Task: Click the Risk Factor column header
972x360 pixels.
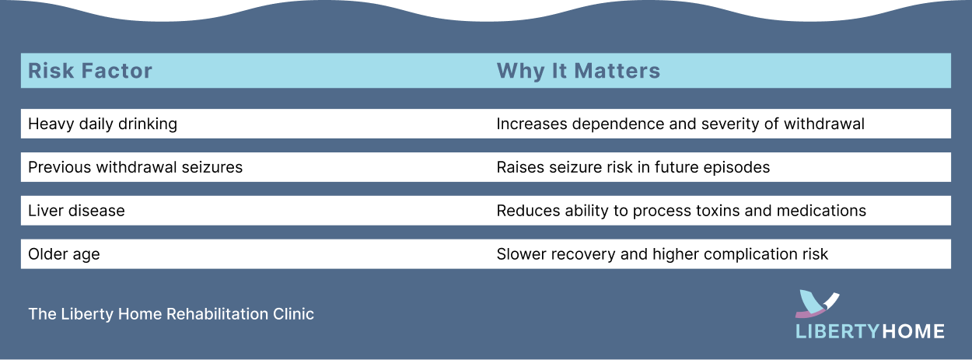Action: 90,71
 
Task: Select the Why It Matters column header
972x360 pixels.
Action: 578,71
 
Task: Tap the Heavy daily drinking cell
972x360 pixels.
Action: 103,124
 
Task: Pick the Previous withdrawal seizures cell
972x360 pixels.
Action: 135,167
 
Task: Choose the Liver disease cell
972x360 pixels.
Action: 76,211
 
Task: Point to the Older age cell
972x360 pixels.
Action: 64,254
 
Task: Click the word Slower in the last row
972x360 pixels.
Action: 520,254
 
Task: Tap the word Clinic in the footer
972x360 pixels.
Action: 294,314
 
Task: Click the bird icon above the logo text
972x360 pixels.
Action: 815,302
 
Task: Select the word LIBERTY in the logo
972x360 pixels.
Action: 837,331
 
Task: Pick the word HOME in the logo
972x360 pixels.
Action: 913,331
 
